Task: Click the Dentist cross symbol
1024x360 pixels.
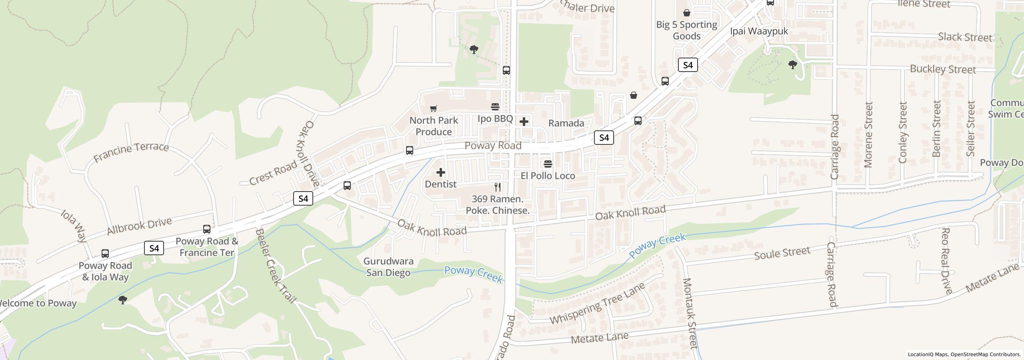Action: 440,172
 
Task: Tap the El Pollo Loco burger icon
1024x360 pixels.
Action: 548,164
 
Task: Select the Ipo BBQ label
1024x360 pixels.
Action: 495,119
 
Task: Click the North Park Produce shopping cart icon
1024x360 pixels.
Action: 433,108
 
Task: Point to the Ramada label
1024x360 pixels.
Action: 566,123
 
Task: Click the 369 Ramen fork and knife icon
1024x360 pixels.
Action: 498,187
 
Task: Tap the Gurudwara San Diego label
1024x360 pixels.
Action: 388,267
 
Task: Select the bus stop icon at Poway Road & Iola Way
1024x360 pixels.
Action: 105,253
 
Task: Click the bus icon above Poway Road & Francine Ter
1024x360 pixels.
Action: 206,229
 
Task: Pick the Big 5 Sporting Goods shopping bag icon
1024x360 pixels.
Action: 686,13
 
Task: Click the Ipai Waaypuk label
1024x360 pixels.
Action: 758,31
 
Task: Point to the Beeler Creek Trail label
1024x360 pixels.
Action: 276,266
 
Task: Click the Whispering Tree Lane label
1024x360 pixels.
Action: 597,304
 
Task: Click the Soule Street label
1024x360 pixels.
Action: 782,253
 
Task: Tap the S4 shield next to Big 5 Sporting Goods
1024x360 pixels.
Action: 688,65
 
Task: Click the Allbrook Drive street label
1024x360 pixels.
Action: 139,226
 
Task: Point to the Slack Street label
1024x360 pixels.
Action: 965,37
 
